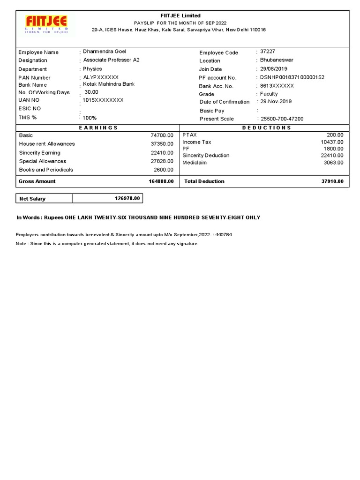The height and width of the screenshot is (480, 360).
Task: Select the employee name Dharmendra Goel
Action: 105,51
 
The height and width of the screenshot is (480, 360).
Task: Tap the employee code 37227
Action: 268,51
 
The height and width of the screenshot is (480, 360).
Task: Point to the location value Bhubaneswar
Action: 277,60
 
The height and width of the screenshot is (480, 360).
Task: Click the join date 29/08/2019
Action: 274,68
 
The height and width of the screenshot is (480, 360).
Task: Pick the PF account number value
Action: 292,77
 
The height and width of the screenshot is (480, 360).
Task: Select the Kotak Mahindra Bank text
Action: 109,84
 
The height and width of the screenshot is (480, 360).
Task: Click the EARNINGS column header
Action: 98,127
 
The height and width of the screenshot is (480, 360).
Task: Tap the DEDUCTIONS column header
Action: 266,127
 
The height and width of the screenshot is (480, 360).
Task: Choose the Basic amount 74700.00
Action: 162,135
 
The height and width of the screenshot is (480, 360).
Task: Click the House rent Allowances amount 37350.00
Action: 162,144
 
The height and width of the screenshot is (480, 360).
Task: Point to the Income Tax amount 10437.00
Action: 332,142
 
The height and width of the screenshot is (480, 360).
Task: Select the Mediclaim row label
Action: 195,163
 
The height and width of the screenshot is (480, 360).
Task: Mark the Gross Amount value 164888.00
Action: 161,181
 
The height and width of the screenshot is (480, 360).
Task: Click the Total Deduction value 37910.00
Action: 332,181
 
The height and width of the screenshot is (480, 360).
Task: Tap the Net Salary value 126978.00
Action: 127,199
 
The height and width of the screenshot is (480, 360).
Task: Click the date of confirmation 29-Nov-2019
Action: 276,102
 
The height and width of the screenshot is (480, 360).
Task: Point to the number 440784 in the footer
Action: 223,234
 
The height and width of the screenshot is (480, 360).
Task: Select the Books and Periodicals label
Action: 46,170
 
